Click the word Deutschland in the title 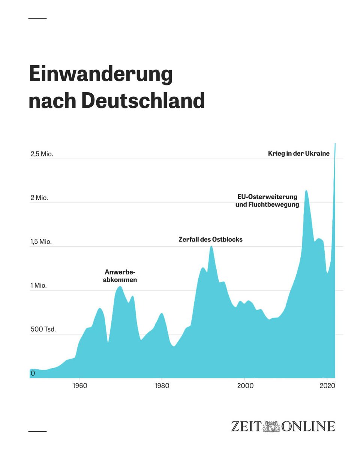coord(143,100)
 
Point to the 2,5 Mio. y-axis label coord(42,154)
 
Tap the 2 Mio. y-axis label coord(39,198)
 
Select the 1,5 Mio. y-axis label coord(41,242)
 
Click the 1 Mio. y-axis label coord(39,286)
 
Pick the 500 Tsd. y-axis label coord(43,330)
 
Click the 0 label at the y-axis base coord(33,373)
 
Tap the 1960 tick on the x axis coord(79,386)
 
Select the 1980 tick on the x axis coord(162,386)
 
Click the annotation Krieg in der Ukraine coord(298,153)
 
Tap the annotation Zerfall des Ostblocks coord(210,239)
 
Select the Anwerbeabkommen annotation coord(120,276)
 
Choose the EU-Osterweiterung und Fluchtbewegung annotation coord(267,201)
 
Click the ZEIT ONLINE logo coord(283,426)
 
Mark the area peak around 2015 coord(306,191)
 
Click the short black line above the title coord(37,18)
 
